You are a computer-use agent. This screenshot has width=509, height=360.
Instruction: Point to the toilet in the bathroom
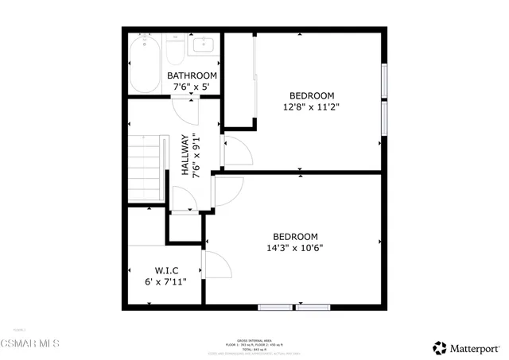175,48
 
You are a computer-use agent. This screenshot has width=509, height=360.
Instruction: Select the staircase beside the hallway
148,169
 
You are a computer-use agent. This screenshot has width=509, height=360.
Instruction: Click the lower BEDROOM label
295,237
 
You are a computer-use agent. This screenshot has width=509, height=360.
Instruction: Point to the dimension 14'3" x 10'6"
295,248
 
